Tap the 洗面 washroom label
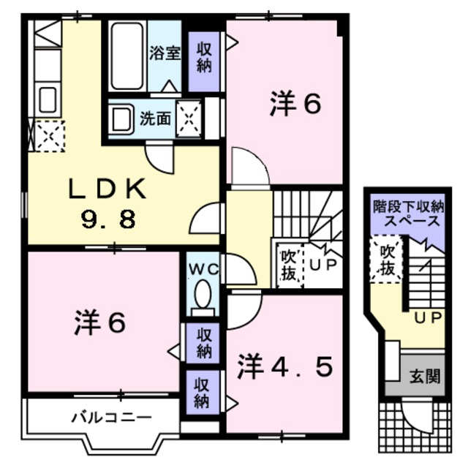(x=154, y=117)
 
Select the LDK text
(x=107, y=190)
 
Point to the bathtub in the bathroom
(x=129, y=56)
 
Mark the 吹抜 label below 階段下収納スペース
(x=386, y=260)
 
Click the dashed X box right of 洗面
(x=189, y=117)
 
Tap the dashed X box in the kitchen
(x=45, y=135)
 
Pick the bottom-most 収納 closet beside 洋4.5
(x=205, y=391)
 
